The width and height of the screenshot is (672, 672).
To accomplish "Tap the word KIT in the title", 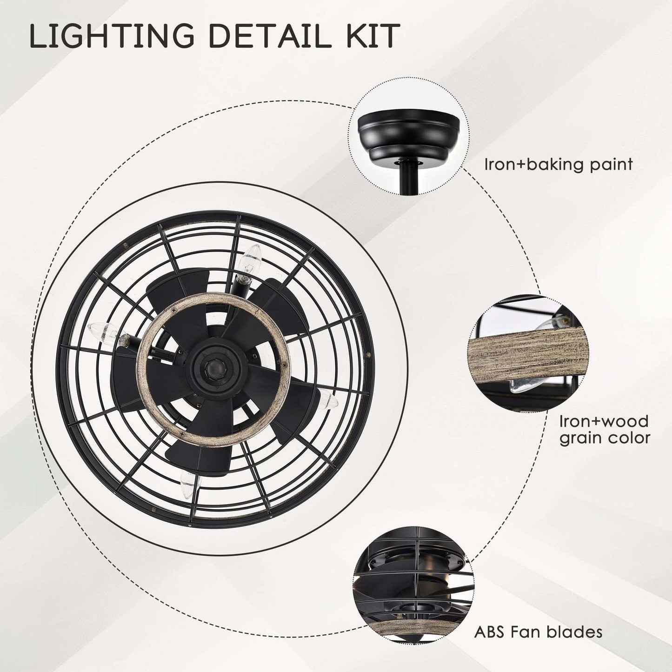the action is [x=373, y=36].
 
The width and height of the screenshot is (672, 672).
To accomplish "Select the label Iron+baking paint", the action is [x=559, y=165].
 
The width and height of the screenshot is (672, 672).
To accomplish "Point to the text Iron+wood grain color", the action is [x=605, y=430].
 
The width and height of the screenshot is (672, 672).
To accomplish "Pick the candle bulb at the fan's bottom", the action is [x=190, y=483].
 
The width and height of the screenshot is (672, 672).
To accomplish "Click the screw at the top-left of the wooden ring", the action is [x=173, y=310].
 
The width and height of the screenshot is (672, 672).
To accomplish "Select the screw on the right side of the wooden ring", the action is [x=285, y=365].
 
